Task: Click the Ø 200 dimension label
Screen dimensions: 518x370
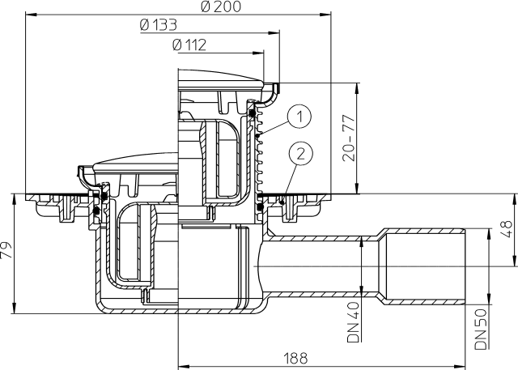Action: (221, 6)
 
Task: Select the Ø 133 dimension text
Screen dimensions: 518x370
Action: (159, 25)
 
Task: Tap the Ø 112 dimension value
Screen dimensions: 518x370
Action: (189, 45)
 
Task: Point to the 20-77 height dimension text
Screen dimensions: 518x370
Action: (349, 138)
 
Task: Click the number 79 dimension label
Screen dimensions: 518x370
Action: (6, 250)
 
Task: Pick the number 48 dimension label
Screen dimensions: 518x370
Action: (506, 229)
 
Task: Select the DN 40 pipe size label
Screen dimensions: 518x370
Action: (353, 322)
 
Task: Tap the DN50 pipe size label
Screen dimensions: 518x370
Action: (481, 329)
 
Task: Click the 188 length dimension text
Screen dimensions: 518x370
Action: (295, 358)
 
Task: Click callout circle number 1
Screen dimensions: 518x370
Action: (299, 117)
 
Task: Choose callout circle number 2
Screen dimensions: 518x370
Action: (300, 154)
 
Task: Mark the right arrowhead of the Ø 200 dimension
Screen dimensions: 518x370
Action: (325, 15)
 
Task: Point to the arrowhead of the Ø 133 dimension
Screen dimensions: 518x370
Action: (274, 33)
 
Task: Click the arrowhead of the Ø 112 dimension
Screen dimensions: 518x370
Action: (258, 53)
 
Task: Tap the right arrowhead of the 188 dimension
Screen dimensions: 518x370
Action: (460, 367)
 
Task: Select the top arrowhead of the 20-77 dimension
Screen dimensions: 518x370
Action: (357, 88)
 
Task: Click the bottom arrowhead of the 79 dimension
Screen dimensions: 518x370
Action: (14, 308)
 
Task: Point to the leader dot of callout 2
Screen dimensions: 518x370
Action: (282, 202)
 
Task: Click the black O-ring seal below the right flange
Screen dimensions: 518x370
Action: (260, 207)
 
